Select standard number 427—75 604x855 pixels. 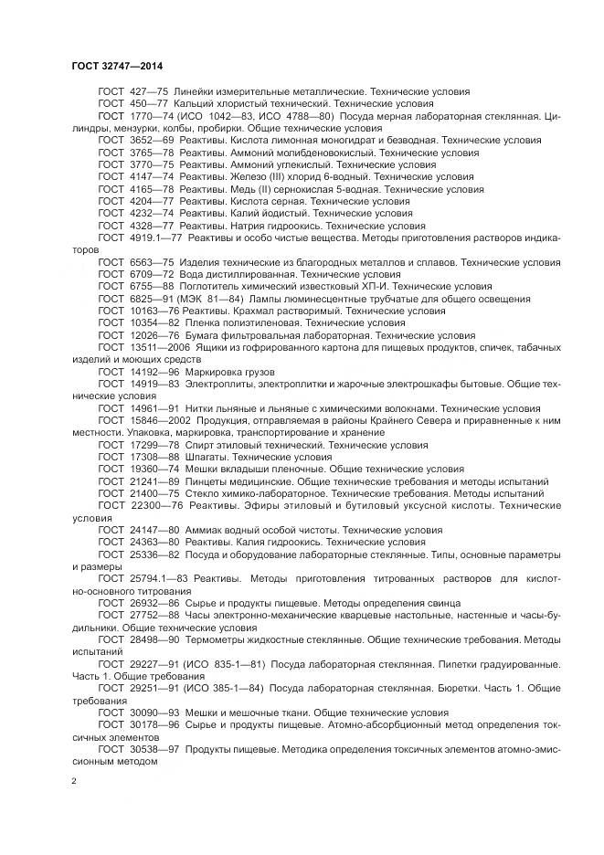(x=147, y=92)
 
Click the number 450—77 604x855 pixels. (x=147, y=104)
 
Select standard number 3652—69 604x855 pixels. (x=151, y=141)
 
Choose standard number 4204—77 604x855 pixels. (x=151, y=201)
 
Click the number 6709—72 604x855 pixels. (x=151, y=273)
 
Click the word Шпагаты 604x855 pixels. (x=205, y=455)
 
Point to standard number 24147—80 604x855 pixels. (x=154, y=530)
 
